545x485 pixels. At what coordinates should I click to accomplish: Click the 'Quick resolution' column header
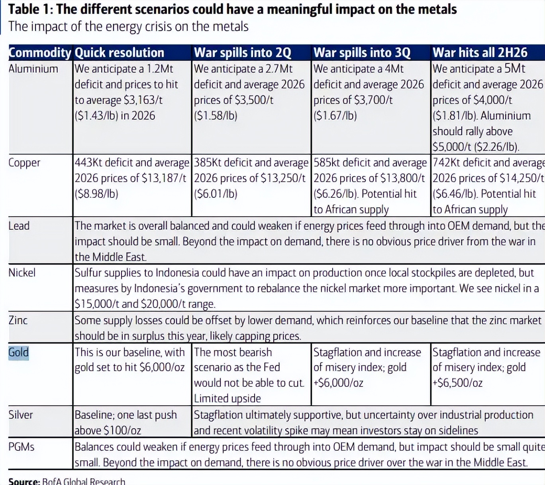(x=119, y=53)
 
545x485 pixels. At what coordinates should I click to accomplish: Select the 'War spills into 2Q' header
(x=242, y=53)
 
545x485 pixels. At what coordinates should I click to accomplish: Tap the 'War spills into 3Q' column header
(x=361, y=53)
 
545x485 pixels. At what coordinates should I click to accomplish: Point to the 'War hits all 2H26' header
(x=480, y=53)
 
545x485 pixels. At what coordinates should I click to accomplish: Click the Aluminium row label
(x=33, y=69)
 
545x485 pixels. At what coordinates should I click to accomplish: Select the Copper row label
(x=24, y=163)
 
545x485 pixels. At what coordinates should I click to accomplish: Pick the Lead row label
(x=19, y=226)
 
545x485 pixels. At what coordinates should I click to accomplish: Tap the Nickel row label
(x=22, y=273)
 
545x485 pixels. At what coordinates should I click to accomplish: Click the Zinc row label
(x=18, y=320)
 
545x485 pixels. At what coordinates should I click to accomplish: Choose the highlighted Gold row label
(x=19, y=352)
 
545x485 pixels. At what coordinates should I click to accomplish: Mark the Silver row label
(x=21, y=415)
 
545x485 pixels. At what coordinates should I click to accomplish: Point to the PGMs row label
(x=21, y=447)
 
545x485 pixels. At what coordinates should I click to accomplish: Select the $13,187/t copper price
(x=163, y=178)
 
